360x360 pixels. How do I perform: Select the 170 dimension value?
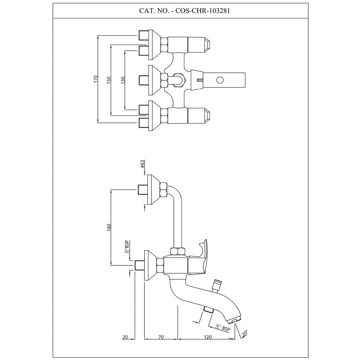96,79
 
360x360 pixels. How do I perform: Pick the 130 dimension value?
122,79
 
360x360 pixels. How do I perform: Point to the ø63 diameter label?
143,164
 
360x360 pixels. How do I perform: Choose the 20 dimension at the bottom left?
125,337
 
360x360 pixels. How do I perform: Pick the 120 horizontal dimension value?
207,337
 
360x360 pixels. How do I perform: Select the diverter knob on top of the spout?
217,284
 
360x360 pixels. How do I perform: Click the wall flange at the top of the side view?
153,190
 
